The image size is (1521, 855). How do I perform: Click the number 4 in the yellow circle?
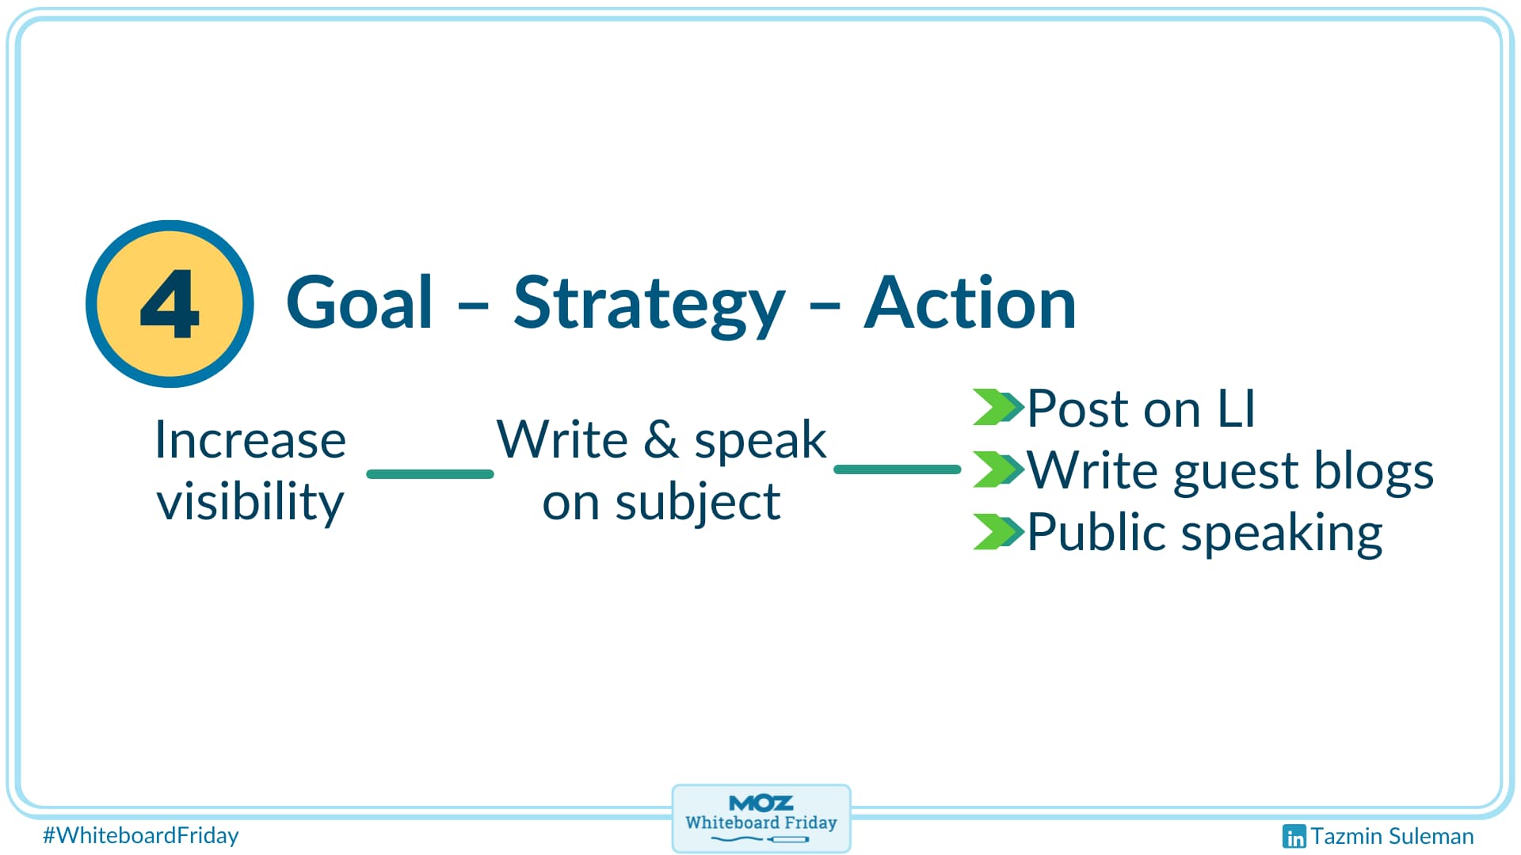pyautogui.click(x=170, y=304)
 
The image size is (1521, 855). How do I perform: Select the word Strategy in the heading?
pyautogui.click(x=649, y=305)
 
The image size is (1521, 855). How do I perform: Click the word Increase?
pyautogui.click(x=250, y=440)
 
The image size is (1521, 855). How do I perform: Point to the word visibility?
pyautogui.click(x=250, y=502)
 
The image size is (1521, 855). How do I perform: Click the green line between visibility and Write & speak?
pyautogui.click(x=430, y=474)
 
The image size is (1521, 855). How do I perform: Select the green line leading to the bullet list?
pyautogui.click(x=898, y=469)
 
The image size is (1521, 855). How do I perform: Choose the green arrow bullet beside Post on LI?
pyautogui.click(x=997, y=407)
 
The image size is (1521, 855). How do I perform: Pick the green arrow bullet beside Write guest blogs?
pyautogui.click(x=997, y=469)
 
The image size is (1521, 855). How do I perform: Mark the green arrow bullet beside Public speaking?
pyautogui.click(x=997, y=531)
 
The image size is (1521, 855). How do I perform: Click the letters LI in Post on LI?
pyautogui.click(x=1236, y=409)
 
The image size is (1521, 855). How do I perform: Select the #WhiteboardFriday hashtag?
pyautogui.click(x=141, y=835)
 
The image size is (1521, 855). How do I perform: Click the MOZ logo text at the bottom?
pyautogui.click(x=760, y=804)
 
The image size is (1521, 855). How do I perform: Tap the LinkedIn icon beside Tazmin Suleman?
pyautogui.click(x=1294, y=836)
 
